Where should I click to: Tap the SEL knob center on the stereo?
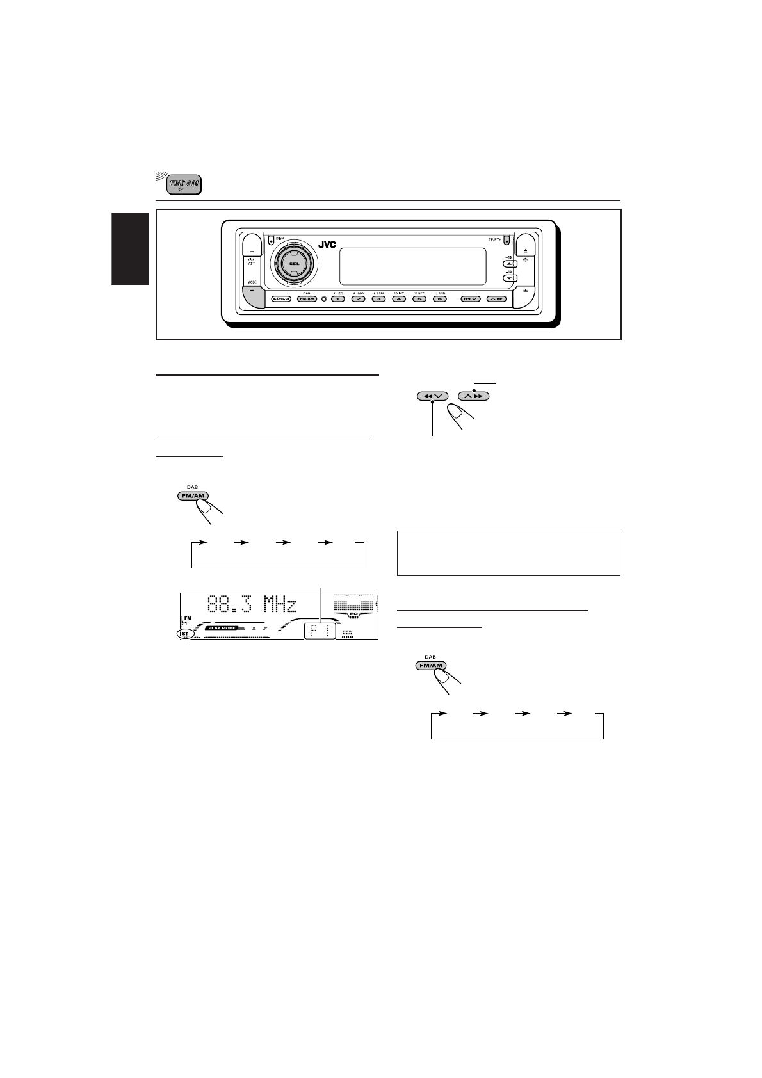point(293,263)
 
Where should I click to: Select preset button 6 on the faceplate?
point(439,299)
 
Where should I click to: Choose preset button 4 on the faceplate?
point(398,299)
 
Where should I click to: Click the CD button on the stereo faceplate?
point(281,299)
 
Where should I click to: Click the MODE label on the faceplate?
point(251,282)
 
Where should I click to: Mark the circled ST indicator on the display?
point(186,634)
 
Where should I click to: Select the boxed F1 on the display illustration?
point(318,630)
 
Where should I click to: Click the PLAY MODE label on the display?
point(221,629)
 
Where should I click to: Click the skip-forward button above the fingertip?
point(474,396)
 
